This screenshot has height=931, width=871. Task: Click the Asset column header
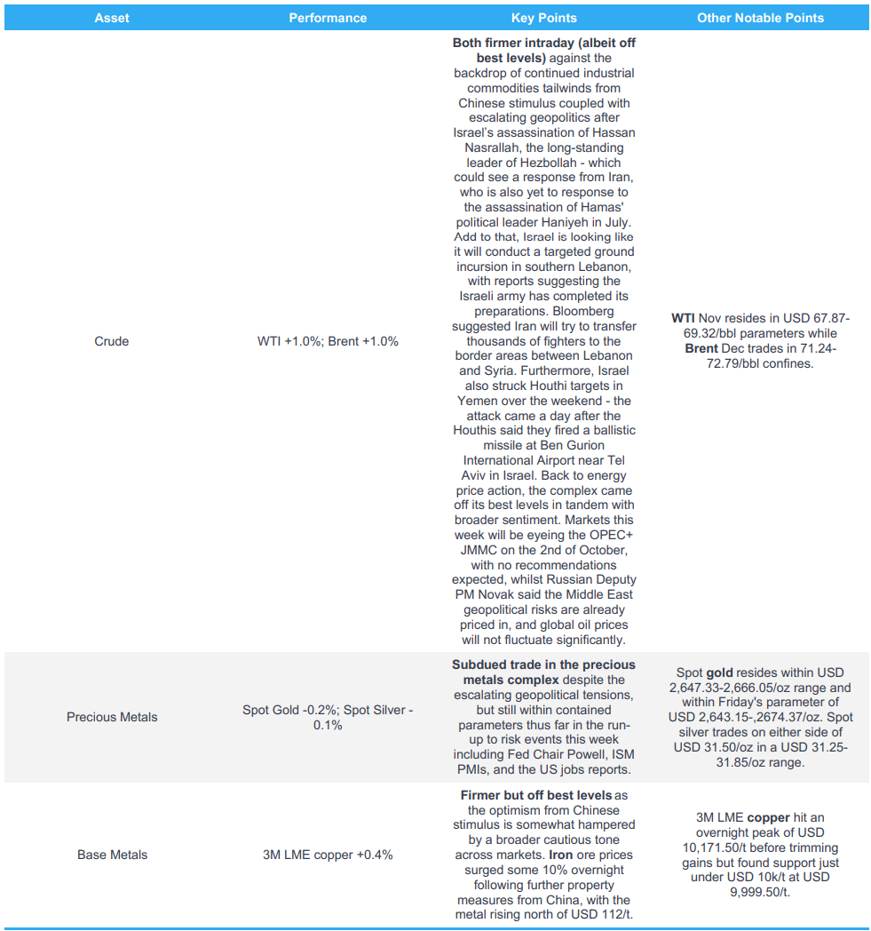pyautogui.click(x=112, y=18)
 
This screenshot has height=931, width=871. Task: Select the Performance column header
pyautogui.click(x=328, y=18)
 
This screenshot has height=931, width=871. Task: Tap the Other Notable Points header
pyautogui.click(x=760, y=18)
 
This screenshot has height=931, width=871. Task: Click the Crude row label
pyautogui.click(x=112, y=341)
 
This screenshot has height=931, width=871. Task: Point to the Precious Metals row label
pyautogui.click(x=112, y=717)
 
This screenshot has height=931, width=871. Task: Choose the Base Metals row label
pyautogui.click(x=112, y=855)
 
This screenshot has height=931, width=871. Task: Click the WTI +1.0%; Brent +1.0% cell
pyautogui.click(x=328, y=341)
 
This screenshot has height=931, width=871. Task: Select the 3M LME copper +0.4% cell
pyautogui.click(x=328, y=855)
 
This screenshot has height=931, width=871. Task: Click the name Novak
pyautogui.click(x=511, y=594)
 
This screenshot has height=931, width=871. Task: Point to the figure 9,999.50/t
pyautogui.click(x=760, y=892)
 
